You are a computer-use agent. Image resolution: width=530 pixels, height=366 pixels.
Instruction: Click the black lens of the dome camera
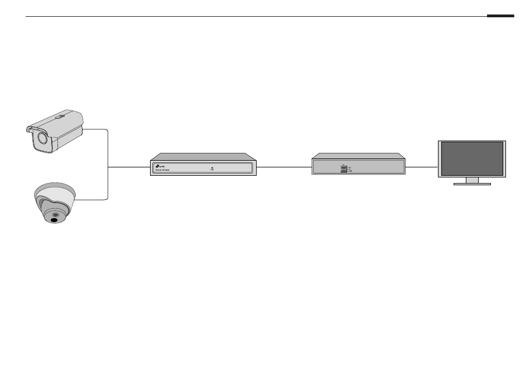(54, 220)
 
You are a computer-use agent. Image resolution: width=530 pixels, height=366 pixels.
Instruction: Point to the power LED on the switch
(213, 167)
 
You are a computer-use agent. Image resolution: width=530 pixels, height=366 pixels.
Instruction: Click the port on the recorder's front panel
(343, 168)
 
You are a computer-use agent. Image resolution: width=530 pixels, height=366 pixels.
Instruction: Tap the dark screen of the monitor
(472, 159)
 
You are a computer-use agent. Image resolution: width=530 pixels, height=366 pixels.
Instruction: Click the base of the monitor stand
(472, 184)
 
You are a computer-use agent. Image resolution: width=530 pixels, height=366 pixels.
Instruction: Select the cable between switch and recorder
(283, 167)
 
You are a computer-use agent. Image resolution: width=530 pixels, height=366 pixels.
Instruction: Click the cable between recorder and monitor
(421, 167)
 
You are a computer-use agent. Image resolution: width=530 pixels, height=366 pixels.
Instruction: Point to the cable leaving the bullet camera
(96, 129)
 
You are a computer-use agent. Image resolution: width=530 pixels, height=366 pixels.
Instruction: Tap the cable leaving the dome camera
(92, 199)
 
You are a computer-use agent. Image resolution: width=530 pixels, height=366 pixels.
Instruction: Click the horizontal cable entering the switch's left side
(128, 167)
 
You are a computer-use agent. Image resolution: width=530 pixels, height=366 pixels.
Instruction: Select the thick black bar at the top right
(500, 16)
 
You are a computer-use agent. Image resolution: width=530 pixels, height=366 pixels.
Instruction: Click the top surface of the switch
(203, 157)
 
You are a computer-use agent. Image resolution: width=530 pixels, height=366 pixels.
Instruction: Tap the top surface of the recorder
(358, 156)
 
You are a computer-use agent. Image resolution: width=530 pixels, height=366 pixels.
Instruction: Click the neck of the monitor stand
(472, 180)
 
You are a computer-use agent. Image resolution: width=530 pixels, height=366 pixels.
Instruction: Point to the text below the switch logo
(163, 170)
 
